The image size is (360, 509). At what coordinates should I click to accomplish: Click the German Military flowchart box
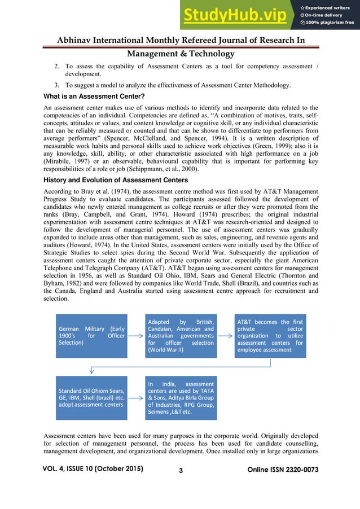91,335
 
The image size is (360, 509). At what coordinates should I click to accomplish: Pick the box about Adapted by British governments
181,335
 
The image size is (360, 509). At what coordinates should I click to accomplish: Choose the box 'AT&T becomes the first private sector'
270,335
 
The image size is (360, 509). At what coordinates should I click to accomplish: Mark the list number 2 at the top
56,67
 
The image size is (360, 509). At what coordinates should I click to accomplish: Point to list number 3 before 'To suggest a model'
56,85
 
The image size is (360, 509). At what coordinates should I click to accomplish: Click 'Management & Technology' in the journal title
181,54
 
